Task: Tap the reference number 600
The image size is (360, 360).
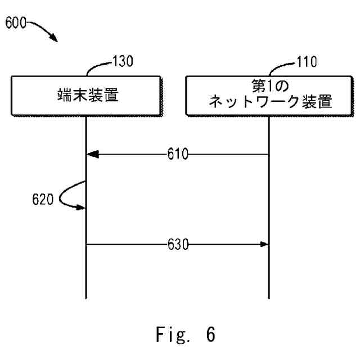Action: coord(15,24)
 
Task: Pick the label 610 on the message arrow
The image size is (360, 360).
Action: coord(177,154)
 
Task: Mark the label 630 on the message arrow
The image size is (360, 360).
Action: coord(177,244)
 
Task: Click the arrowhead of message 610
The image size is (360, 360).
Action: coord(92,154)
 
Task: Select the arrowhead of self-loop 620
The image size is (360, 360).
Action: coord(82,208)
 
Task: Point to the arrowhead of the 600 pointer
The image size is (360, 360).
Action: coord(55,39)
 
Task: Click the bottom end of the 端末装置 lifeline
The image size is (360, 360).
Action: coord(86,296)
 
